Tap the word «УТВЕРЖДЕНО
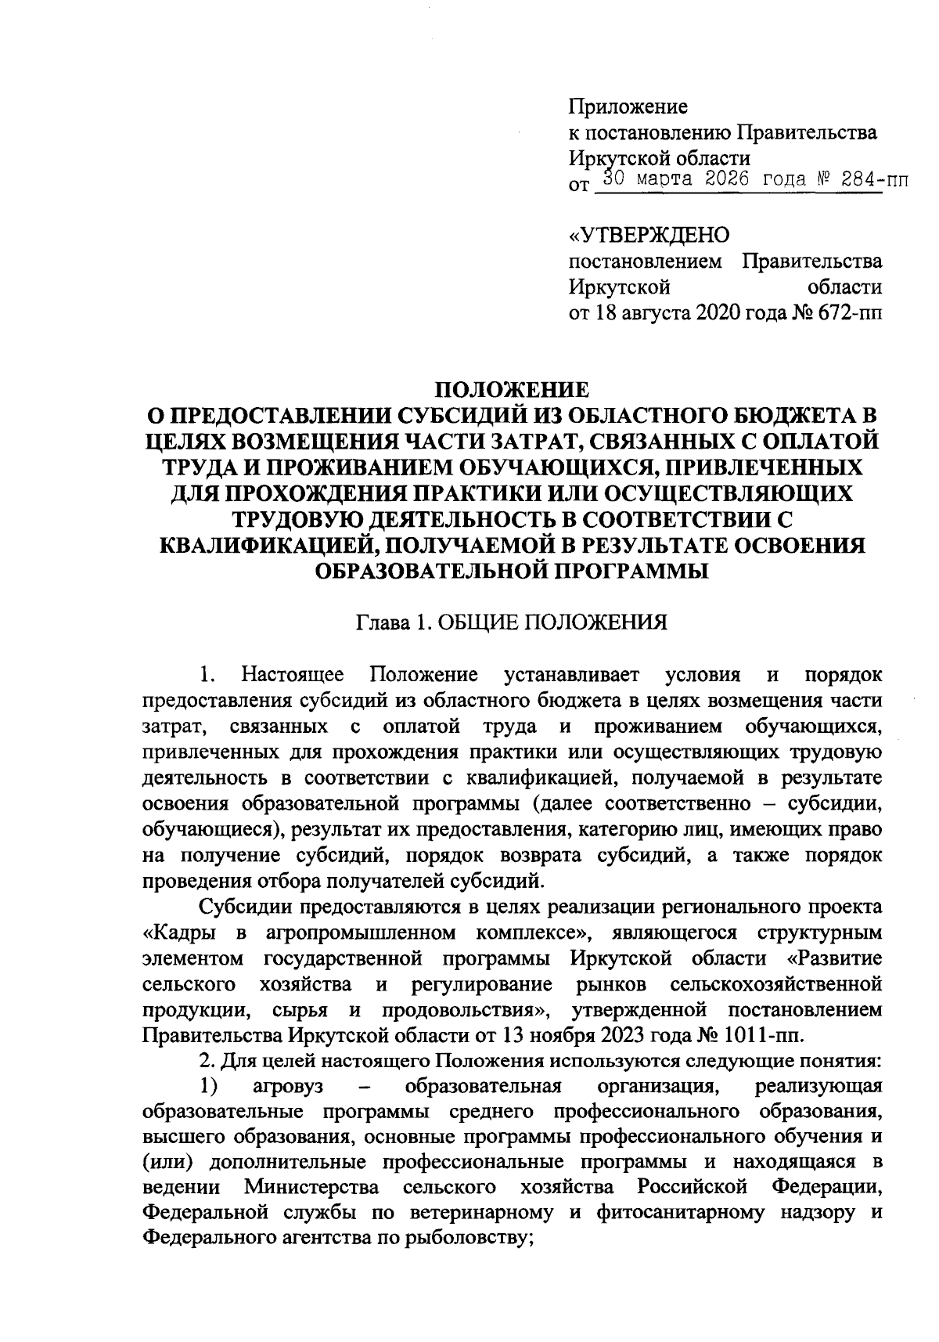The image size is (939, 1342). pyautogui.click(x=649, y=234)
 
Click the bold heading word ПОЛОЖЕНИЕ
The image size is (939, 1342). pyautogui.click(x=512, y=389)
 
